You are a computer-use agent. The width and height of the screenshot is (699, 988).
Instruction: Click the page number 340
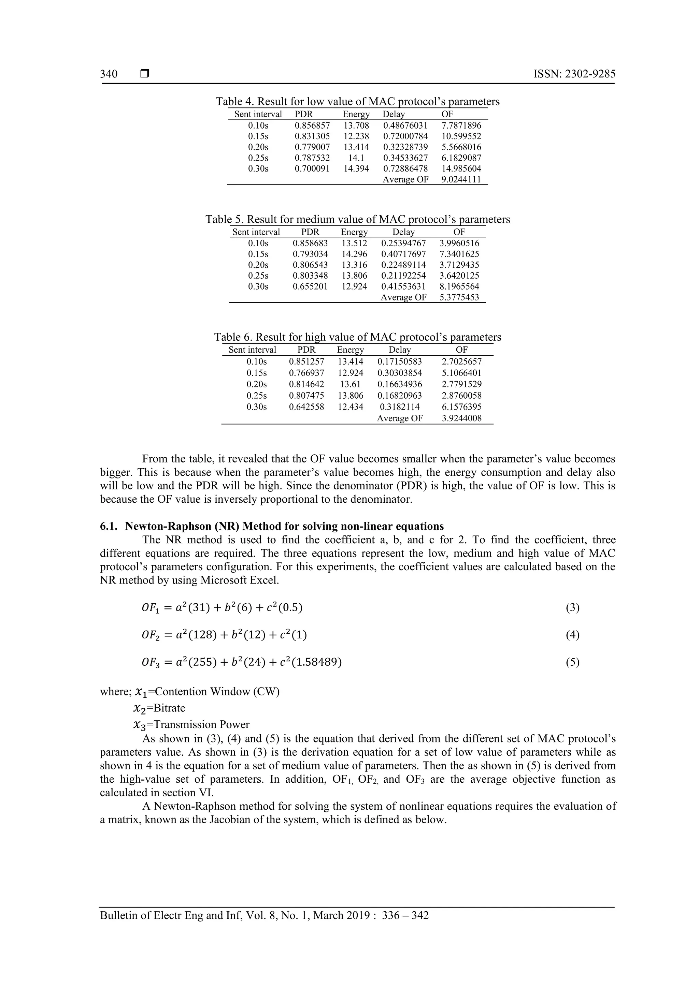109,74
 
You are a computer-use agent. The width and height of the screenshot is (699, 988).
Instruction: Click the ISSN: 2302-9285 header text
574,74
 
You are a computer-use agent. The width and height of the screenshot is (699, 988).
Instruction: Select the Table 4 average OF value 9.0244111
461,179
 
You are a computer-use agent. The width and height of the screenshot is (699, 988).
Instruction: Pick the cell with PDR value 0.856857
312,126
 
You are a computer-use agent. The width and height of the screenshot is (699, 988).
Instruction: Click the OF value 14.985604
461,169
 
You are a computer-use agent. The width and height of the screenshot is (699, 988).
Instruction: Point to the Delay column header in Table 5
403,232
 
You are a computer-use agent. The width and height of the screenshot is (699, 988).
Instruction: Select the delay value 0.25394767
403,243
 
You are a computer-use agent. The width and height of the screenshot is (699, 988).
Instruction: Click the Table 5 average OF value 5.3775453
459,297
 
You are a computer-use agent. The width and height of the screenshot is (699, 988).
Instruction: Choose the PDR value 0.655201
310,286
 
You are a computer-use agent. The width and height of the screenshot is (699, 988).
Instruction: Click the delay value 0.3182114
400,407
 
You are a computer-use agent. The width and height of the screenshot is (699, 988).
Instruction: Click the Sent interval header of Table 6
252,350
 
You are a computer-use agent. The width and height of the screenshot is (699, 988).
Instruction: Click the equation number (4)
572,635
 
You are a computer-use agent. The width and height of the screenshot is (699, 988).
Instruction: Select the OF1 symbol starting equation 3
150,608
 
